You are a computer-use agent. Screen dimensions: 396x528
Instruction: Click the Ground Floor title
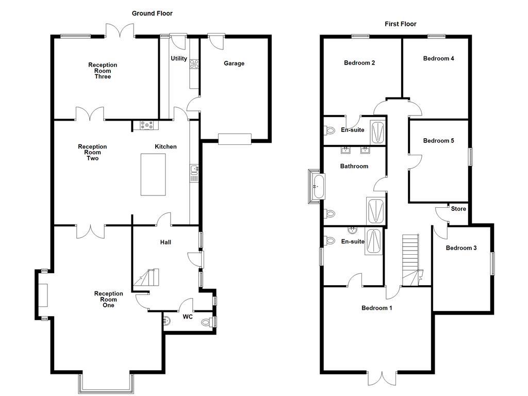[x=152, y=13]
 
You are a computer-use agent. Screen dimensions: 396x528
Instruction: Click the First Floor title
[x=400, y=24]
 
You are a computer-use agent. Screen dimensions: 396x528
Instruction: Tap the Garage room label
[x=234, y=63]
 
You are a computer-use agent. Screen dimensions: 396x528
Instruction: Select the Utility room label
[x=179, y=59]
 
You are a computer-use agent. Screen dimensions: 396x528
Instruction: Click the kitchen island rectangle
[x=153, y=174]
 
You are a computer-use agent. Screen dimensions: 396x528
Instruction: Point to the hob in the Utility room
[x=195, y=64]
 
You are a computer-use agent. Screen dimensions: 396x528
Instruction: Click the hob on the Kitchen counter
[x=146, y=125]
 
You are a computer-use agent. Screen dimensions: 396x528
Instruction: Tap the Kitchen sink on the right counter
[x=194, y=170]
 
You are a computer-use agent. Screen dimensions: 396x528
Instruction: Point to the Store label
[x=458, y=209]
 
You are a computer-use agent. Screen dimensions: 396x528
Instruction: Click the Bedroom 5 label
[x=438, y=140]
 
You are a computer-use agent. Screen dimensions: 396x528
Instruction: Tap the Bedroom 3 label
[x=461, y=248]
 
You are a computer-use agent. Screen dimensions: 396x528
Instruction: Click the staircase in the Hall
[x=146, y=278]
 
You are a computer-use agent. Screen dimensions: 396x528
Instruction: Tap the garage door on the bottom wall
[x=235, y=139]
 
